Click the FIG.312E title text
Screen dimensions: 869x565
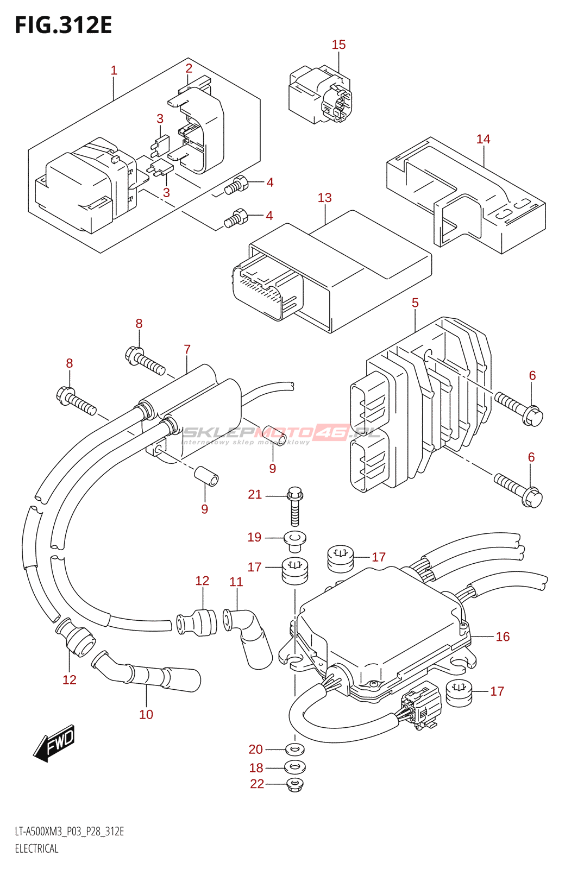click(64, 26)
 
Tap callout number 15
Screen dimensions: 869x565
click(338, 45)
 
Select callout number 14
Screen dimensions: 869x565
click(483, 139)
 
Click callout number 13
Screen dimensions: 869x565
click(324, 198)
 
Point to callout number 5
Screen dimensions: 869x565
click(415, 303)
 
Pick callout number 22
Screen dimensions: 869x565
click(257, 784)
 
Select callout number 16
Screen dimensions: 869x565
click(503, 637)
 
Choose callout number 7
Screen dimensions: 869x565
click(187, 349)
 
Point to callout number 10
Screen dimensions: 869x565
click(146, 714)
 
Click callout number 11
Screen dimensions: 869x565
click(236, 582)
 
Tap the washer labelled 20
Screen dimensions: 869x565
click(295, 750)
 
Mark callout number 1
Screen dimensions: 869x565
click(114, 70)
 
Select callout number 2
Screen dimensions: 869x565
click(189, 68)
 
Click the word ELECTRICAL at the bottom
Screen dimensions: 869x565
click(36, 848)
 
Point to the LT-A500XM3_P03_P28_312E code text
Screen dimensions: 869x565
click(70, 832)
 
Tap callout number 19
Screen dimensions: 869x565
click(254, 537)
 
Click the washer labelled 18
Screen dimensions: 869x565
click(295, 767)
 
